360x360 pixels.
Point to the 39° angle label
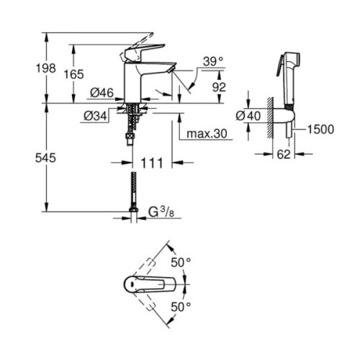tap(212, 63)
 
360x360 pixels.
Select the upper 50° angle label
tap(181, 263)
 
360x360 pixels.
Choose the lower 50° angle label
tap(181, 307)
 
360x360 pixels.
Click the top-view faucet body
tap(148, 285)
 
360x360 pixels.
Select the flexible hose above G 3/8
tap(133, 190)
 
